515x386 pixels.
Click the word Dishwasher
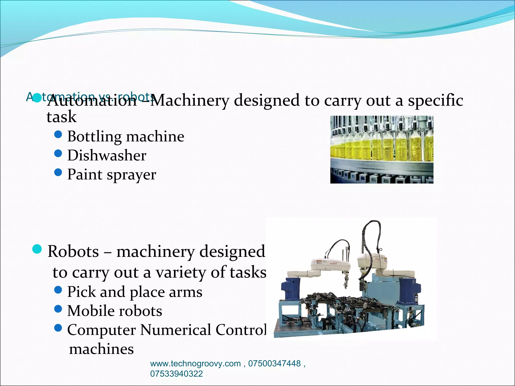point(107,155)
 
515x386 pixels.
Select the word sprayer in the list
point(131,175)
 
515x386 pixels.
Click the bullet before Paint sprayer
point(58,172)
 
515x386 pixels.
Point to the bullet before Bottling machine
point(58,134)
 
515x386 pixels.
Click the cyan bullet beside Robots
point(37,249)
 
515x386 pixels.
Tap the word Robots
point(73,251)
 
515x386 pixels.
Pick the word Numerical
point(176,330)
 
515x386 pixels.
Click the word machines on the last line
point(101,349)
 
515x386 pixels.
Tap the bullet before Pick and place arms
point(58,290)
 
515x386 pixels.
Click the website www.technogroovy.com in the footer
point(195,364)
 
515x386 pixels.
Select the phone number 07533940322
point(176,374)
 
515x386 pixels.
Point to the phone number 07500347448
point(274,364)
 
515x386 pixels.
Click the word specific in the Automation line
point(436,101)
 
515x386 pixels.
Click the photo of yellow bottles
point(382,150)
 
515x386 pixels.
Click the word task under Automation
point(62,117)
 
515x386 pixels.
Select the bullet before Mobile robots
point(58,309)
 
